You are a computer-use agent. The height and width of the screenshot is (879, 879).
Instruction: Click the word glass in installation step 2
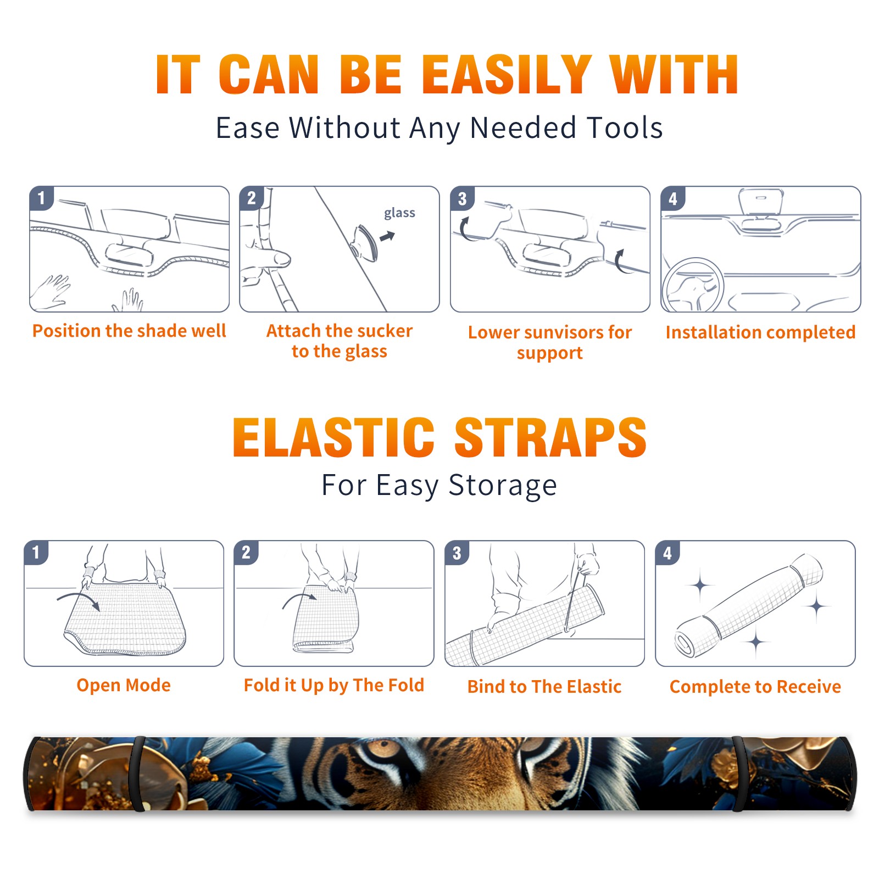399,213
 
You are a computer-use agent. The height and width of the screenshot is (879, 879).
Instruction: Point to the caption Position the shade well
129,331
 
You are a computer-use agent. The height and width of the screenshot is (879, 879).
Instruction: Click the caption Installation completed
760,332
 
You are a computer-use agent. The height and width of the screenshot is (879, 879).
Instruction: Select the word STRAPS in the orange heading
550,437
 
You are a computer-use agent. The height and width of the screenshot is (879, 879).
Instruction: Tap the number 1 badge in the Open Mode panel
36,552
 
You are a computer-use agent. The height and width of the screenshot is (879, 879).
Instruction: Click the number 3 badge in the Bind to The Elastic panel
457,553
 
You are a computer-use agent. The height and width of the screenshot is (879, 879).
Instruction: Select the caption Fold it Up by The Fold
334,685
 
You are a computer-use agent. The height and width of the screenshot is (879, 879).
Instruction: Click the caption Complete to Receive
755,687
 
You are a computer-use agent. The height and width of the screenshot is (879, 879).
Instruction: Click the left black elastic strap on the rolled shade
138,774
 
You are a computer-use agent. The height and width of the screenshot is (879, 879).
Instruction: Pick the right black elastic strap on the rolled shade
738,774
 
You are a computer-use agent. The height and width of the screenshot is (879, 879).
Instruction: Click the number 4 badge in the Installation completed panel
673,198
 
